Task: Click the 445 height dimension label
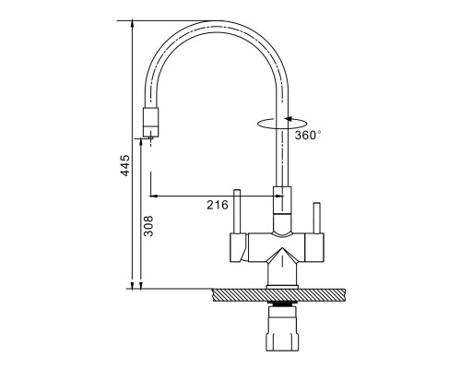124,165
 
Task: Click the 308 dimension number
148,226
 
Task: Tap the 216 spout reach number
218,205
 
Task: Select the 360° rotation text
308,135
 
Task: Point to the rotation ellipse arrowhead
288,119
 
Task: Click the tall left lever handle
237,211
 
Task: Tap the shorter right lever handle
316,218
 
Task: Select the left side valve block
239,247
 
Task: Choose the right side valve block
314,247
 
